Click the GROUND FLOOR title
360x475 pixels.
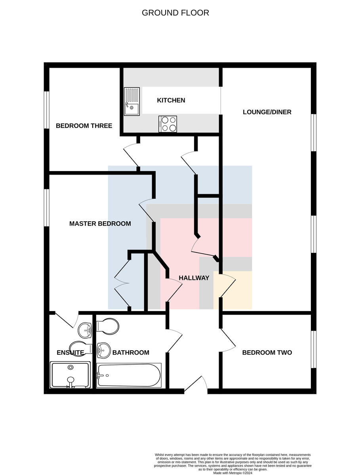coord(175,13)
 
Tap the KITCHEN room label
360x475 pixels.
coord(171,101)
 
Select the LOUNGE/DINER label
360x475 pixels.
coord(267,112)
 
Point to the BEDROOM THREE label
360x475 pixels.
coord(84,126)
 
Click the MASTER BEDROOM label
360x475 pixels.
coord(100,224)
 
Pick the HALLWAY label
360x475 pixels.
coord(194,278)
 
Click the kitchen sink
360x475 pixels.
coord(131,101)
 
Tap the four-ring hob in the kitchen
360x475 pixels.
coord(168,124)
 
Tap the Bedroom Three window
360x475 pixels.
coord(47,110)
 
